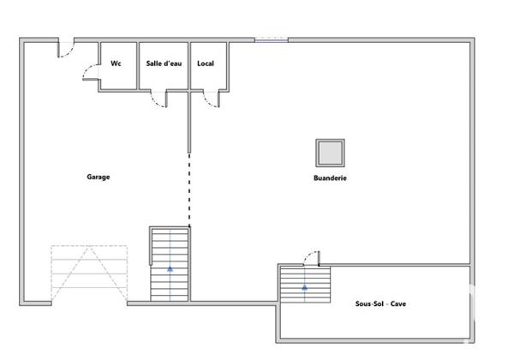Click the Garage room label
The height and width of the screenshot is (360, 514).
[x=98, y=177]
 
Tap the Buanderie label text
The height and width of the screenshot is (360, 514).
[x=330, y=178]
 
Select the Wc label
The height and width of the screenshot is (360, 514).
[x=117, y=63]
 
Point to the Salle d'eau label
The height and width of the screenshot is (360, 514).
[x=164, y=63]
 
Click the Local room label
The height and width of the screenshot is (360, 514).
[x=206, y=63]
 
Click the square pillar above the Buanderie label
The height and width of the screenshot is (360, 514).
[x=330, y=153]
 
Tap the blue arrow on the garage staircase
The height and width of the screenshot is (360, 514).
[x=170, y=267]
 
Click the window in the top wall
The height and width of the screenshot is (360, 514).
[x=272, y=39]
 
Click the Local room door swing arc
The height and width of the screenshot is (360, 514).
[x=209, y=99]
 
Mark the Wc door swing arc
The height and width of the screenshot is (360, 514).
[x=89, y=74]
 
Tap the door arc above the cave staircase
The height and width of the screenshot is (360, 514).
[x=312, y=257]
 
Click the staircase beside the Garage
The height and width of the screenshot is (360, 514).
[x=170, y=263]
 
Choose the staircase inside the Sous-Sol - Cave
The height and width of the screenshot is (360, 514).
[x=305, y=284]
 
